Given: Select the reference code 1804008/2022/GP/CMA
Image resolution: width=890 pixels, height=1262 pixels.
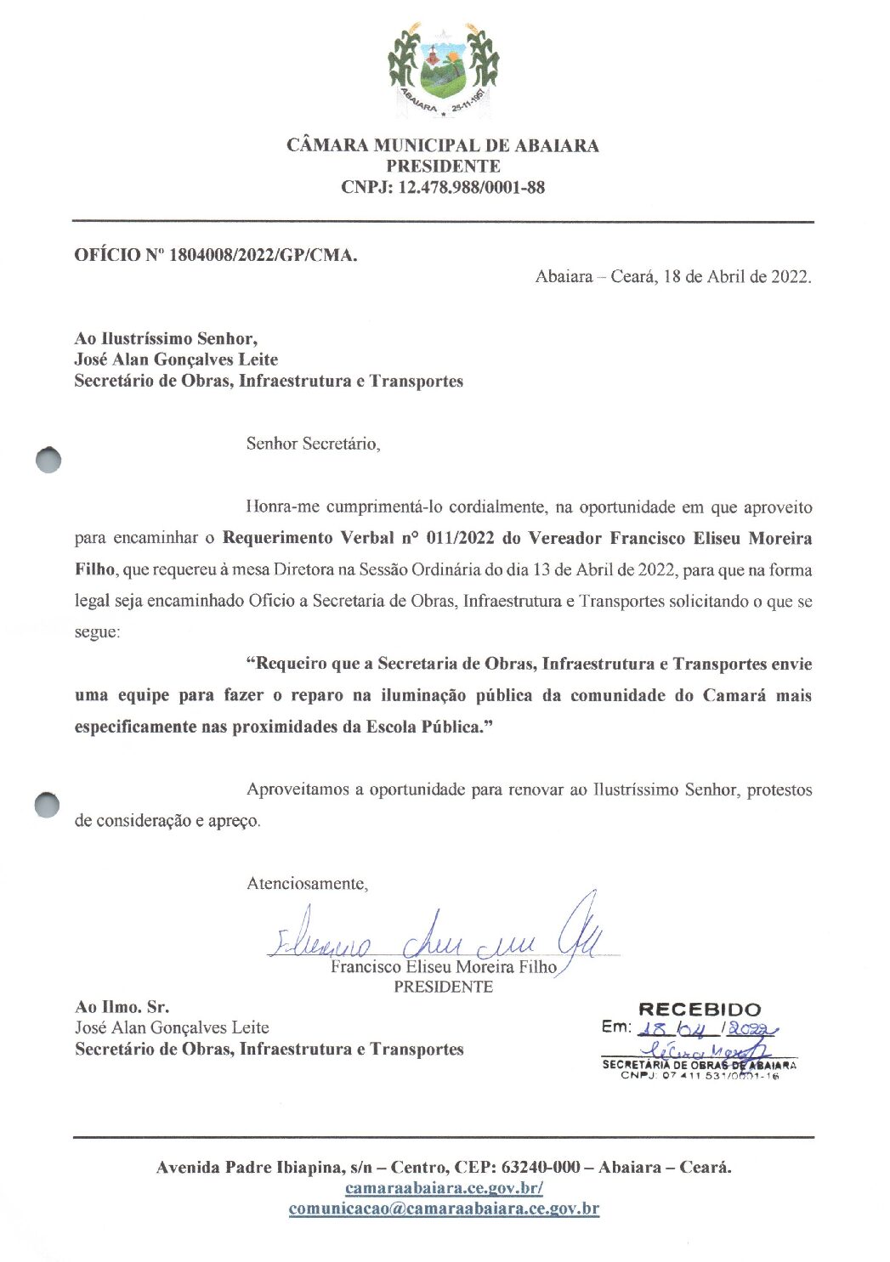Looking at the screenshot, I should (264, 255).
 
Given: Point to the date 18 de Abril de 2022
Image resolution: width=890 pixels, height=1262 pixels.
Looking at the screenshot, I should (736, 276).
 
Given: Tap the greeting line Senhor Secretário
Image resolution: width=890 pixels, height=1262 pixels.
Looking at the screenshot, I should (313, 444).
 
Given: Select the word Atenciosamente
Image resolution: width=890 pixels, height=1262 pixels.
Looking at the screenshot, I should (307, 884).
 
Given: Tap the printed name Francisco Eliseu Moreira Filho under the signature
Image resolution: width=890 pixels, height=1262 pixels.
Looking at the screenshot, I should (443, 967).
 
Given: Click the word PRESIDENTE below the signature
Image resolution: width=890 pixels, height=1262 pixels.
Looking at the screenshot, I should (443, 987).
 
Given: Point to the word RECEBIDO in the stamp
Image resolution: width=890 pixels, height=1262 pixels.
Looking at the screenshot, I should (700, 1010).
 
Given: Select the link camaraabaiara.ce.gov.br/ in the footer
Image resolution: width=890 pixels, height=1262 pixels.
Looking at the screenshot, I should (444, 1188).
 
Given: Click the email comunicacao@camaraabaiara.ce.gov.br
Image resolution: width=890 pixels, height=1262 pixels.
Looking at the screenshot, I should (444, 1208).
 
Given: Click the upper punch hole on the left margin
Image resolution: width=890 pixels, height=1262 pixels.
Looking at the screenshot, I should (49, 460).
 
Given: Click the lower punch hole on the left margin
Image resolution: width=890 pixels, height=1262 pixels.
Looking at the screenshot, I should (48, 805).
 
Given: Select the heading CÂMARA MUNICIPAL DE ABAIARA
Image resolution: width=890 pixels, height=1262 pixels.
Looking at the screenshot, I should (443, 145).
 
